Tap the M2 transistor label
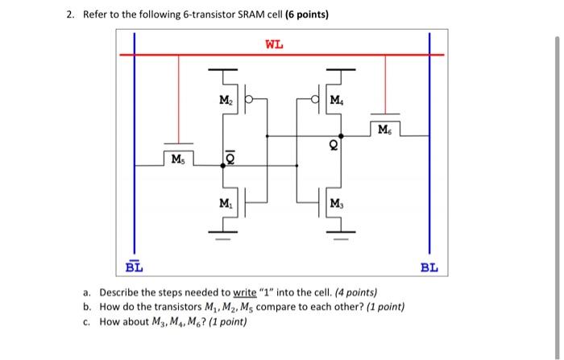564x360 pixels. point(226,99)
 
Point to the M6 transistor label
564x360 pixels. point(384,129)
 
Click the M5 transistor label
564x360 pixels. point(176,158)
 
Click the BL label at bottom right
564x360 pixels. point(429,267)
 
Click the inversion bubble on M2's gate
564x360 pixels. point(250,100)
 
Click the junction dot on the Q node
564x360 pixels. point(339,135)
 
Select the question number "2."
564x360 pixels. point(71,15)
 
